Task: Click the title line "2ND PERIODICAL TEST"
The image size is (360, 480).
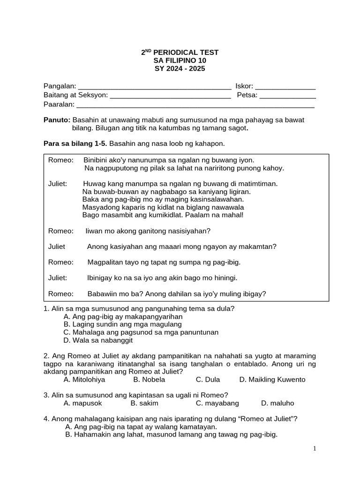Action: (180, 52)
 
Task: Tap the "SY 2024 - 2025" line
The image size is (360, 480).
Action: (180, 68)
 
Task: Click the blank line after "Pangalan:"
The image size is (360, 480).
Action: (154, 87)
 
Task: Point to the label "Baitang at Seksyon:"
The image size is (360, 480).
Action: (75, 95)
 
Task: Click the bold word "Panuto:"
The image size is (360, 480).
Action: (57, 120)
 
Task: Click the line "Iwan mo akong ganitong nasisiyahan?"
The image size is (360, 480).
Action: (148, 231)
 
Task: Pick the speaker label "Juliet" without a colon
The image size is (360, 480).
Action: (57, 247)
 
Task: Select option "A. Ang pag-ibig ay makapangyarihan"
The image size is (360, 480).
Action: (123, 316)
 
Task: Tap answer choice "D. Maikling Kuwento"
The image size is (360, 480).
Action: (272, 379)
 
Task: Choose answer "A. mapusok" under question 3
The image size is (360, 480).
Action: (82, 403)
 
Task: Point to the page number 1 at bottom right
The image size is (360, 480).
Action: (315, 449)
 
